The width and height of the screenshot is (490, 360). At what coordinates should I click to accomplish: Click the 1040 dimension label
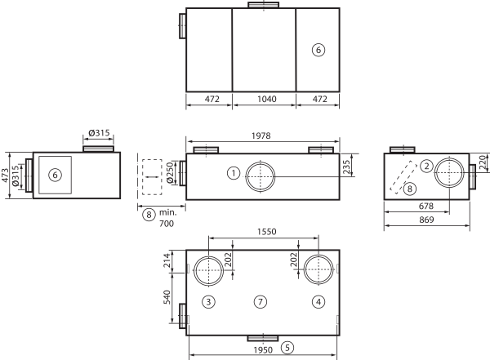(266, 99)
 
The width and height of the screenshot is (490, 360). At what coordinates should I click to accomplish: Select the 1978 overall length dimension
(261, 136)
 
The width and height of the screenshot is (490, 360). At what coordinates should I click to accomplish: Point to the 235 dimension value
(346, 167)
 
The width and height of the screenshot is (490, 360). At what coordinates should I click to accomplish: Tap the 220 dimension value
(483, 162)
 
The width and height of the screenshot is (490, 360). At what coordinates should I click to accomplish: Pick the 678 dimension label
(426, 207)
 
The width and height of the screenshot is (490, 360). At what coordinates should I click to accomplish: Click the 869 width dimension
(426, 220)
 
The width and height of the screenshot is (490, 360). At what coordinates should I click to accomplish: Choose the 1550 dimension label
(266, 232)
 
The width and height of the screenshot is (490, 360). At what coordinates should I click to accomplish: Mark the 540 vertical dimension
(167, 297)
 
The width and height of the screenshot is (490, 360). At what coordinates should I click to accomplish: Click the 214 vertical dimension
(167, 260)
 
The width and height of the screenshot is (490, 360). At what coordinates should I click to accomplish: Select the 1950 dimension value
(263, 350)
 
